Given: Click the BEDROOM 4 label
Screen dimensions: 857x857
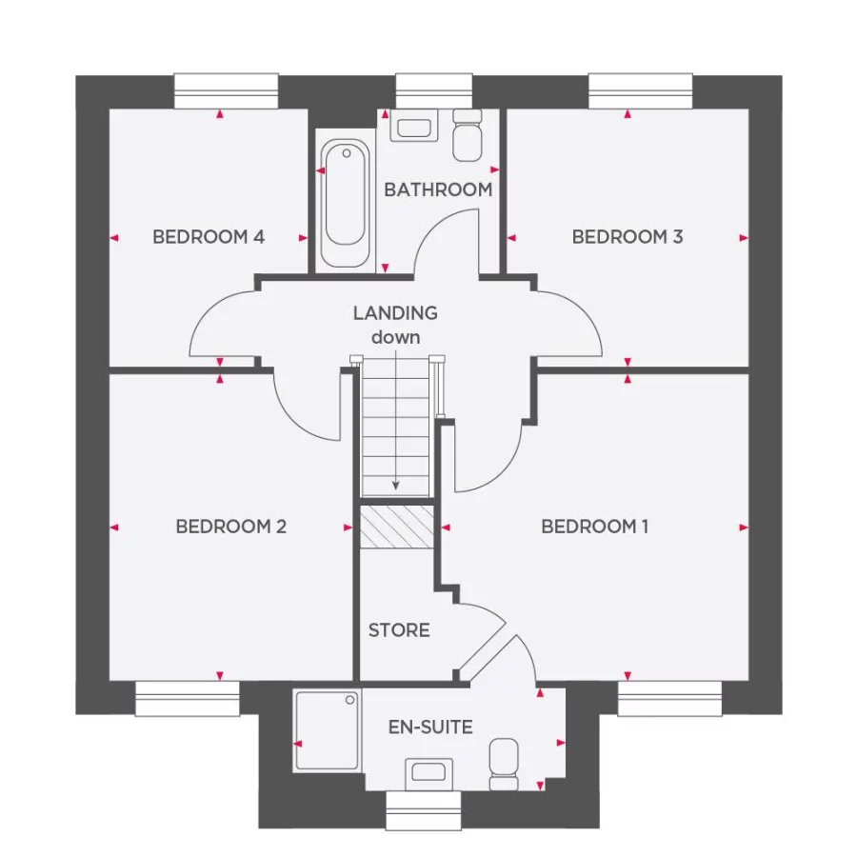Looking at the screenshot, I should pos(208,237).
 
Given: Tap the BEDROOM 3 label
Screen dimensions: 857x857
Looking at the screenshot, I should pos(627,237).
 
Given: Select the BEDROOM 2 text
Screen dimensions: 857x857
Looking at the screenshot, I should pos(231,527).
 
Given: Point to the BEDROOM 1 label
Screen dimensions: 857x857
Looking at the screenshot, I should pos(594,527).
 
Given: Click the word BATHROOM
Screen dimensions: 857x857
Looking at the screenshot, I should pos(438,189).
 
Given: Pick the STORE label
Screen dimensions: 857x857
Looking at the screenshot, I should pos(399,630).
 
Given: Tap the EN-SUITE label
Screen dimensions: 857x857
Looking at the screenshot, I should pos(430,727).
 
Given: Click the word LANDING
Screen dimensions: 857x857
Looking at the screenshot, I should pos(395,312).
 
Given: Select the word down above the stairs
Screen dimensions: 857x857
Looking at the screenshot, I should pos(395,336).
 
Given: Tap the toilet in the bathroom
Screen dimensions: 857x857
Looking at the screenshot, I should pos(468,136).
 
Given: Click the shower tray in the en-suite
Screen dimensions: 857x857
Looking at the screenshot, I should pos(328,730).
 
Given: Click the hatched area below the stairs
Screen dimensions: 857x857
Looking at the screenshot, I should pos(397,527).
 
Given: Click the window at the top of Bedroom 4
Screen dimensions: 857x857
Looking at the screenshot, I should pos(227,91).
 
